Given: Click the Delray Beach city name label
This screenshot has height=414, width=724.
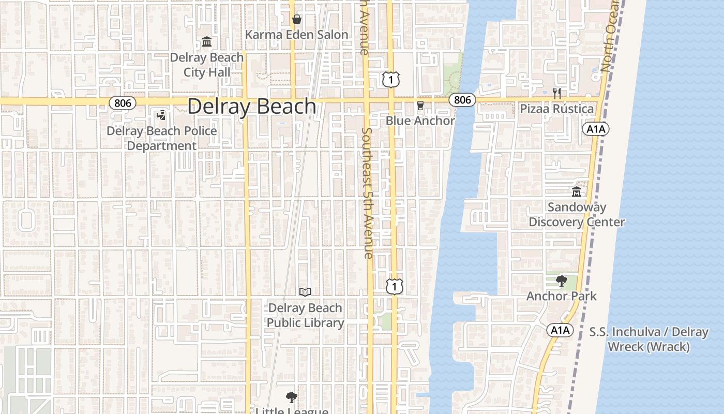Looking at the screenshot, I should [252, 106].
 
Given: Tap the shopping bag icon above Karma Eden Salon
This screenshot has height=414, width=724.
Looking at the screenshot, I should [297, 20].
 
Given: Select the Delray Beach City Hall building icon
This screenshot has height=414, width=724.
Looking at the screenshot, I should [207, 41].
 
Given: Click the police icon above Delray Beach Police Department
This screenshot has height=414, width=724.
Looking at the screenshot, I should [161, 115].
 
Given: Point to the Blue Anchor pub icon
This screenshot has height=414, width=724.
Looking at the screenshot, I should [420, 106].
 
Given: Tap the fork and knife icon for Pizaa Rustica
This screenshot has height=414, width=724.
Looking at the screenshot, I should [557, 94].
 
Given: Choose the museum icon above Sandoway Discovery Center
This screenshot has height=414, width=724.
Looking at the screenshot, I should [577, 192].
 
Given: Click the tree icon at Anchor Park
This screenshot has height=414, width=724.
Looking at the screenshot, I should [562, 282].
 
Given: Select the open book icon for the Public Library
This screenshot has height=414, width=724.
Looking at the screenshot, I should [305, 292].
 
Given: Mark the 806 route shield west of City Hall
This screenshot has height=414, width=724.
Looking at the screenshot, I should [123, 103].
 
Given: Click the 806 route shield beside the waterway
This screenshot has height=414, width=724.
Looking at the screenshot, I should [462, 99].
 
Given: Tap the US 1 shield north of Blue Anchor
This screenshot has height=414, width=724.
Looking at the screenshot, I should [391, 79].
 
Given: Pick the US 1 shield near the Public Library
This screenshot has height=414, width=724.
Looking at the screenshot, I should [395, 286].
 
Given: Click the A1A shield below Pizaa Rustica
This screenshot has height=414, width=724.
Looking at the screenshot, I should [596, 129].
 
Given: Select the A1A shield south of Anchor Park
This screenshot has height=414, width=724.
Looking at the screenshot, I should [560, 330].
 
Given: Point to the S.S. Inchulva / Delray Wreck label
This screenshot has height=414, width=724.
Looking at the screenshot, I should [648, 339].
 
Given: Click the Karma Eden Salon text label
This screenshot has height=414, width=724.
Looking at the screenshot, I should [296, 35].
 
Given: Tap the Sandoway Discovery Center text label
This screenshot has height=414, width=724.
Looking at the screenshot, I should [577, 215].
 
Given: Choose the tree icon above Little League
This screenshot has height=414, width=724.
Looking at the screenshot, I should [292, 397].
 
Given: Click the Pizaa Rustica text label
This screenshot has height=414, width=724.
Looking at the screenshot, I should [556, 109].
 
